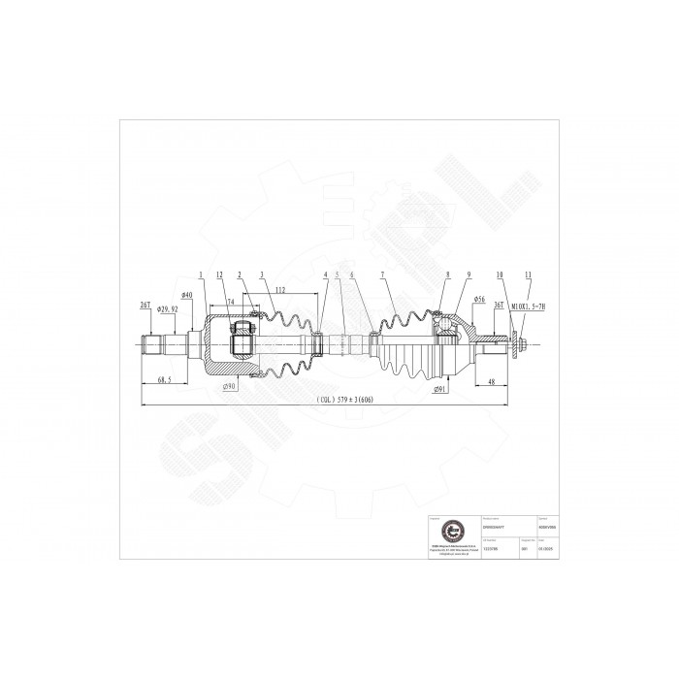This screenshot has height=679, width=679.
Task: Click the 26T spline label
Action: (x=145, y=305)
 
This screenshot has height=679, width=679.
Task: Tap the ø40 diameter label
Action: (x=186, y=295)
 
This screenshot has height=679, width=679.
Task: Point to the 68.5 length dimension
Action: (x=166, y=381)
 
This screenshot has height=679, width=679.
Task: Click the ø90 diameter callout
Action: (x=231, y=387)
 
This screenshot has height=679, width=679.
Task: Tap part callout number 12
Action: (x=220, y=275)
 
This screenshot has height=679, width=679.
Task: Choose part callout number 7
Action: (x=384, y=275)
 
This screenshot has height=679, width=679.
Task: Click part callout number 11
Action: (x=528, y=275)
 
